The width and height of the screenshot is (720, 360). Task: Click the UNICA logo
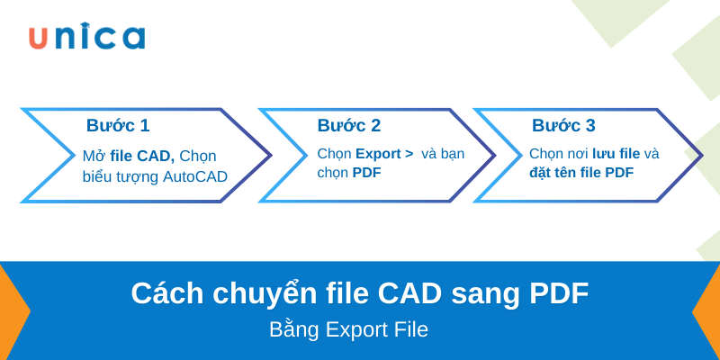pyautogui.click(x=85, y=37)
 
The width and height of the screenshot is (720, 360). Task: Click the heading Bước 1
pyautogui.click(x=118, y=126)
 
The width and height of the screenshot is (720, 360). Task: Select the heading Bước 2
pyautogui.click(x=348, y=126)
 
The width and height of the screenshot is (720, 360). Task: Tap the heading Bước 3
pyautogui.click(x=563, y=126)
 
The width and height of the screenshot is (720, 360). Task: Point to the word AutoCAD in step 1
pyautogui.click(x=195, y=176)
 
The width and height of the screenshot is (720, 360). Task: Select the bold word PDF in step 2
pyautogui.click(x=367, y=173)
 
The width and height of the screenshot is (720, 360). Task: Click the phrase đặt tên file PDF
pyautogui.click(x=581, y=173)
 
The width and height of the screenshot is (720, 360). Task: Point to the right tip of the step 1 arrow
pyautogui.click(x=270, y=155)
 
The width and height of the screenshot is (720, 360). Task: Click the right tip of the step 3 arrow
pyautogui.click(x=701, y=155)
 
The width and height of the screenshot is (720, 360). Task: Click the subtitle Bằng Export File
pyautogui.click(x=348, y=329)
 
